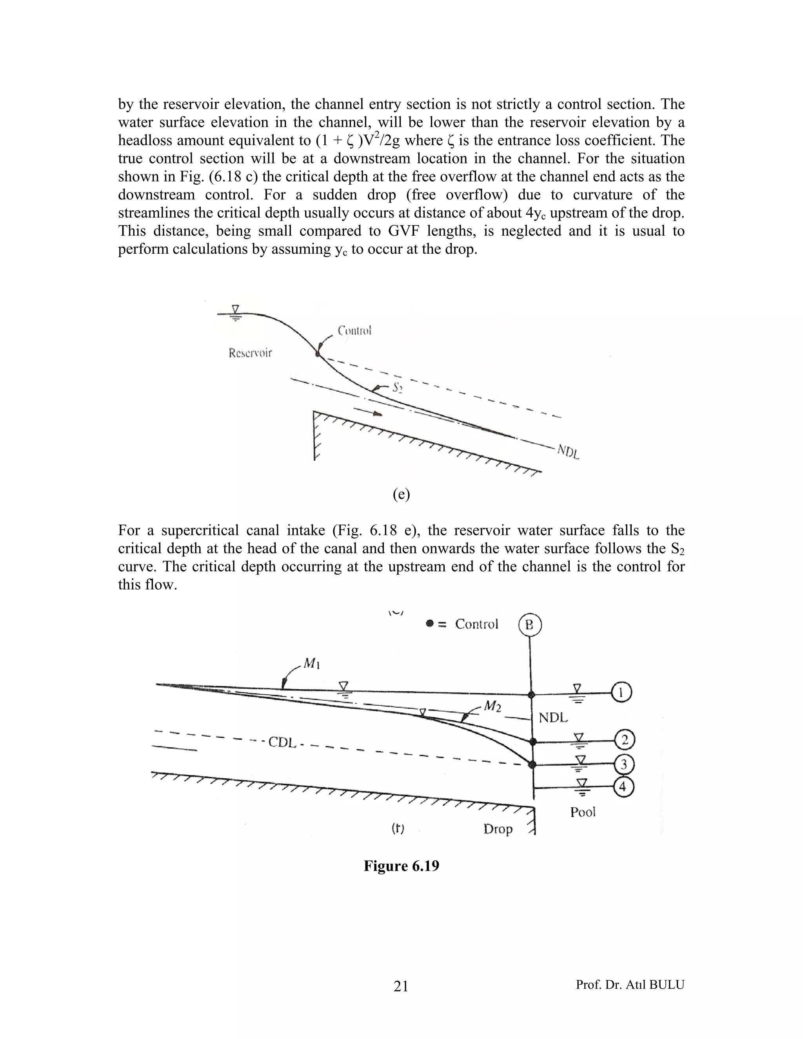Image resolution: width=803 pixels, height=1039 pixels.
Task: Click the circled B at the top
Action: click(x=529, y=625)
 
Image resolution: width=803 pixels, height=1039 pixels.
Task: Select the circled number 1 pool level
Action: click(x=622, y=692)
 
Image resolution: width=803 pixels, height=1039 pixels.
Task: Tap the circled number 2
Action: click(x=625, y=740)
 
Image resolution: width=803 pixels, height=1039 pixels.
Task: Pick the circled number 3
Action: click(x=624, y=765)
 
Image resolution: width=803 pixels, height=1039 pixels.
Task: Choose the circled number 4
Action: click(x=623, y=787)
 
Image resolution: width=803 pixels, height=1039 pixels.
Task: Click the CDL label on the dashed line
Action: click(x=282, y=742)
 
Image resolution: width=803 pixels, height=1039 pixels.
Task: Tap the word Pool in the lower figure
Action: click(x=583, y=812)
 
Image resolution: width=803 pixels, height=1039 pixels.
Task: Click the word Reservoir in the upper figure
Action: click(x=250, y=353)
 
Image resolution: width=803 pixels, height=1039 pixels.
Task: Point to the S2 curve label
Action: click(x=397, y=388)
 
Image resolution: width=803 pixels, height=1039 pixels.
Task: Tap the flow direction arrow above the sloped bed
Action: click(x=369, y=412)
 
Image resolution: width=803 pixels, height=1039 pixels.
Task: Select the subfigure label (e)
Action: click(x=401, y=495)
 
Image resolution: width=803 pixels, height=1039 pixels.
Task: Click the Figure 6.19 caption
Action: click(x=401, y=866)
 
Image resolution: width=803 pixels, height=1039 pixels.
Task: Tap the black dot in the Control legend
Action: click(x=430, y=624)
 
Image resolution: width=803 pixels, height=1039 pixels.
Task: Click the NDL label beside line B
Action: click(x=553, y=717)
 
